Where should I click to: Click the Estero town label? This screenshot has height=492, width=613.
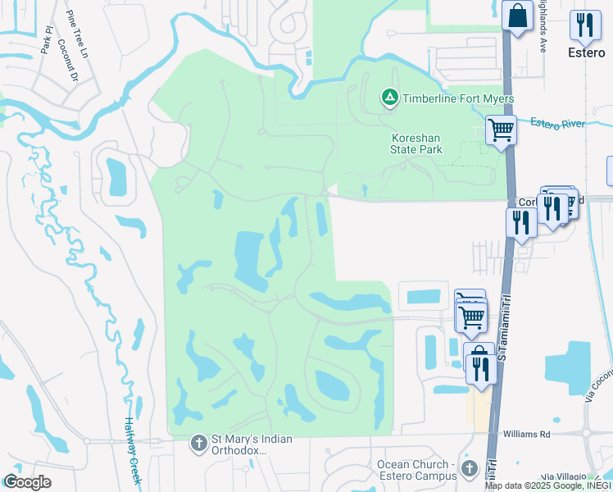586,52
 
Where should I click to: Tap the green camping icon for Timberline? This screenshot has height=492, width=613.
390,99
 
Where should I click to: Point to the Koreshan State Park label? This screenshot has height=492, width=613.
416,143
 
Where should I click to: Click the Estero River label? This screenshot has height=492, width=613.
557,124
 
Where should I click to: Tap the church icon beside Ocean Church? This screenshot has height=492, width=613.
469,469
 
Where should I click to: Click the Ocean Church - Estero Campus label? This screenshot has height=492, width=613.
416,470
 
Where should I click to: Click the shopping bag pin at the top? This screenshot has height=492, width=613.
518,16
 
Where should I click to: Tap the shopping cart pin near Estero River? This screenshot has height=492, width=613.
500,130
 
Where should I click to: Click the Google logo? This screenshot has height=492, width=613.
26,482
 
